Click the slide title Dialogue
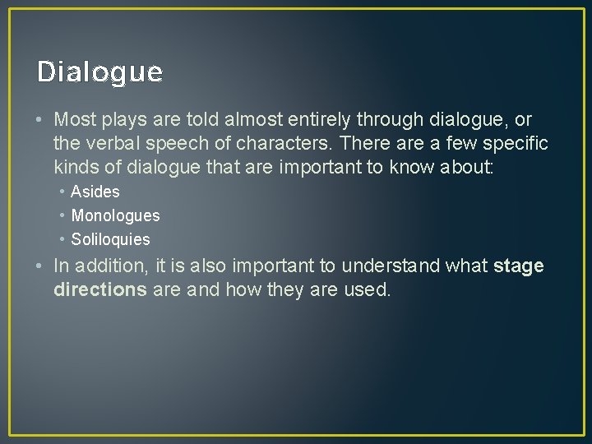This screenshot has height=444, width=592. [99, 72]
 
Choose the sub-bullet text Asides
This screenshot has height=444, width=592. [95, 192]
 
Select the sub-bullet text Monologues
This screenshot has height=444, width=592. [115, 215]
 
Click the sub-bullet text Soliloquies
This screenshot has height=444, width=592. [110, 239]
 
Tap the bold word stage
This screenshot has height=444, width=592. [518, 266]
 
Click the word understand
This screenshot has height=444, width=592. [391, 266]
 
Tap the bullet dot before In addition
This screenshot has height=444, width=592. [40, 266]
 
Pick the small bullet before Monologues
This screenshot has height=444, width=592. [62, 215]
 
